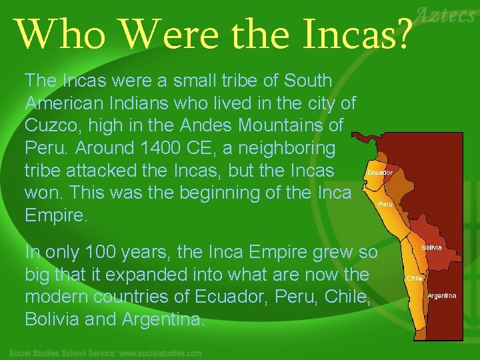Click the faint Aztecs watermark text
(x=446, y=15)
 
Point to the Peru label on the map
(x=385, y=205)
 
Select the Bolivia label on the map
(x=431, y=247)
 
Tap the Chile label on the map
(x=414, y=278)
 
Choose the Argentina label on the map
(x=442, y=295)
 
